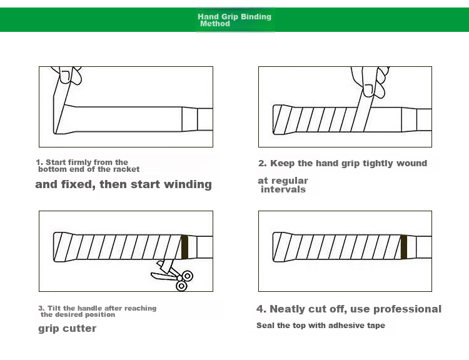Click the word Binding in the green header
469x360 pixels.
pyautogui.click(x=256, y=17)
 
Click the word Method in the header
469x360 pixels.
pyautogui.click(x=215, y=24)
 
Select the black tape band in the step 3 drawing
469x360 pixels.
pyautogui.click(x=184, y=247)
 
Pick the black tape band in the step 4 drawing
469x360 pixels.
pyautogui.click(x=404, y=247)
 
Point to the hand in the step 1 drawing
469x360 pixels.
pyautogui.click(x=67, y=75)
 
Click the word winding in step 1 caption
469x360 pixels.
pyautogui.click(x=188, y=184)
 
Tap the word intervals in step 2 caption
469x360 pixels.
pyautogui.click(x=283, y=189)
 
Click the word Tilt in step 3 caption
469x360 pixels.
pyautogui.click(x=54, y=308)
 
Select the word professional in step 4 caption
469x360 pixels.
pyautogui.click(x=407, y=309)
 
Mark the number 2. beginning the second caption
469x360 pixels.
pyautogui.click(x=262, y=163)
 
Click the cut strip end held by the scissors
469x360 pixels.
pyautogui.click(x=166, y=266)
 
